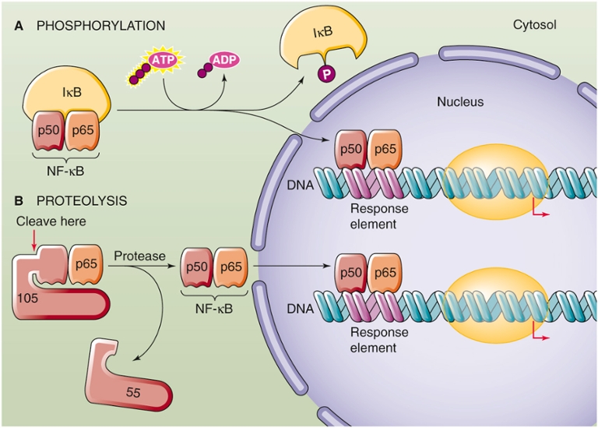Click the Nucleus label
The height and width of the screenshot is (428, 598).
click(x=459, y=101)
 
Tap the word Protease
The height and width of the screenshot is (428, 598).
click(x=136, y=256)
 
